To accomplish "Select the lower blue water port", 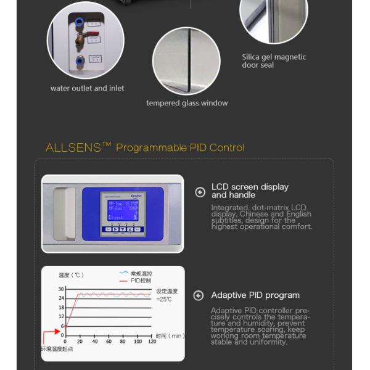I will (80, 61).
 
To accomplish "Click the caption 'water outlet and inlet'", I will (87, 88).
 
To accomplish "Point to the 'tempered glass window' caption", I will (187, 103).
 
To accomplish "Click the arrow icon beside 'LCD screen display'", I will (200, 192).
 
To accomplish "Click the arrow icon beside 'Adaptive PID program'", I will (199, 295).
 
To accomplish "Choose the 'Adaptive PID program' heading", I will (255, 295).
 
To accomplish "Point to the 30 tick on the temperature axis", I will (61, 289).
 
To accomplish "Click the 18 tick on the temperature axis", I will (61, 307).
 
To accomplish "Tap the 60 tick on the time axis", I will (109, 341).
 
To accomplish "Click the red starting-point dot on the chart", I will (65, 326).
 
